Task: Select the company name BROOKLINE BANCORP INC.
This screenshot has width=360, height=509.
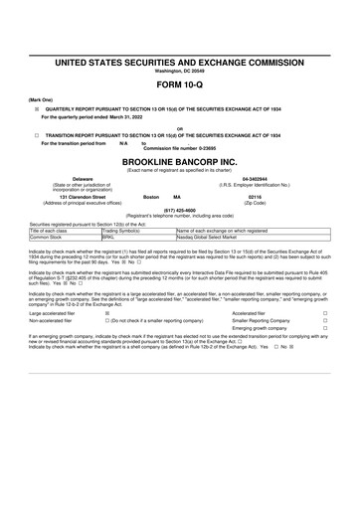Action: [x=180, y=159]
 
